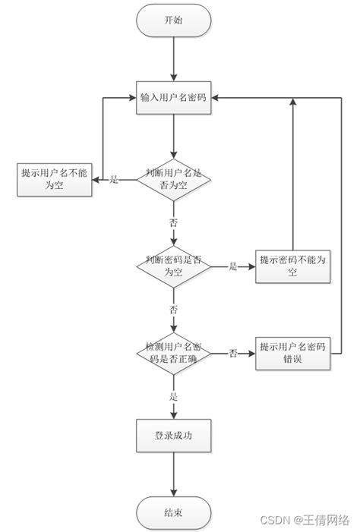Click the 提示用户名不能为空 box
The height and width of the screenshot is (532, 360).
click(55, 179)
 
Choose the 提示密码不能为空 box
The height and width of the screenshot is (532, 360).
click(292, 266)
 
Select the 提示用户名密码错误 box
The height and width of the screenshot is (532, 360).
click(292, 352)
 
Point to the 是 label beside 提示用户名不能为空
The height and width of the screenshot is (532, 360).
click(115, 180)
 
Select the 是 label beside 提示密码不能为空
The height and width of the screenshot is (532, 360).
click(233, 266)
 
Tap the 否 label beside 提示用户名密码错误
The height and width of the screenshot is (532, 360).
click(233, 353)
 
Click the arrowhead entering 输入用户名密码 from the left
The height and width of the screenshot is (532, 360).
click(132, 98)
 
